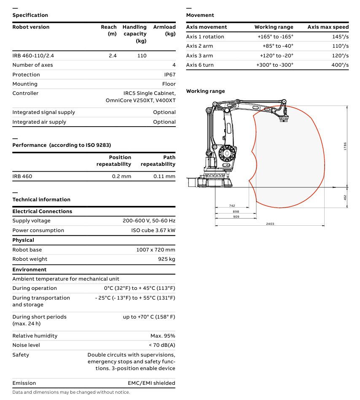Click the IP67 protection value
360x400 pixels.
coord(169,75)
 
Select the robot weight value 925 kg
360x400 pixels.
coord(167,259)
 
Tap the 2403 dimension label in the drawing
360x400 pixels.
coord(270,224)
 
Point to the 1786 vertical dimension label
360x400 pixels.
coord(345,146)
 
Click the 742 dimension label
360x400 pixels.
coord(232,205)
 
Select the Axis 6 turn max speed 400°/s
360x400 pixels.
coord(340,65)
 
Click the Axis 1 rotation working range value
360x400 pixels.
coord(275,37)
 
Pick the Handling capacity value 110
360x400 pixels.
coord(142,56)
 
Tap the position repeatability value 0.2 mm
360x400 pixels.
coord(121,176)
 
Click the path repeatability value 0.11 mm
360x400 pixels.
coord(164,176)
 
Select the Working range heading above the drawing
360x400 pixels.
coord(205,91)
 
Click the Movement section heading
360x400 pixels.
coord(200,15)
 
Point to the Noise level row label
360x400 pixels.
coord(26,345)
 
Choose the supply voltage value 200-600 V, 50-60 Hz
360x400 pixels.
coord(149,221)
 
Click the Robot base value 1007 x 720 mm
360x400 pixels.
coord(156,250)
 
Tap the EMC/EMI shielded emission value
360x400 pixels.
coord(151,383)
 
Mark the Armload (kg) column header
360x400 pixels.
coord(164,30)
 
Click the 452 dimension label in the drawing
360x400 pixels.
coord(345,197)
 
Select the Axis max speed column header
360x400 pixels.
coord(328,27)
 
